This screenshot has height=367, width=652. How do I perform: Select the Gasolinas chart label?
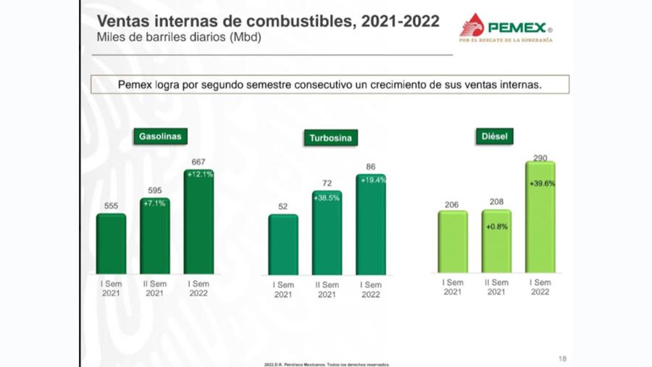(160, 136)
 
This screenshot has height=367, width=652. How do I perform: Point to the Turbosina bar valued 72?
(327, 233)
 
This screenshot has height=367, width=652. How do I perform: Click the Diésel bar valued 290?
(540, 217)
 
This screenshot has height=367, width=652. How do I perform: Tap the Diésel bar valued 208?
(496, 242)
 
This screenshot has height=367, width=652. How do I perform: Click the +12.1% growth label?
(198, 175)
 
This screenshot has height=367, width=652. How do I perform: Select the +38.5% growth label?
(327, 197)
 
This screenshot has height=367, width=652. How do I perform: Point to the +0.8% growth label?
(496, 226)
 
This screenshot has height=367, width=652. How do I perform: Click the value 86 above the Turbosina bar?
(371, 167)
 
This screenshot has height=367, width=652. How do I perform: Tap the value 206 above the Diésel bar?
(451, 205)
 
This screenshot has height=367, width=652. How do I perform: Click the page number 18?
(563, 358)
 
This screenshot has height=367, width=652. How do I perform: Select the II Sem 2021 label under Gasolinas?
(154, 289)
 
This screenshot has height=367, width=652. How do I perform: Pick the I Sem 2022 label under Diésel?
(540, 287)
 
